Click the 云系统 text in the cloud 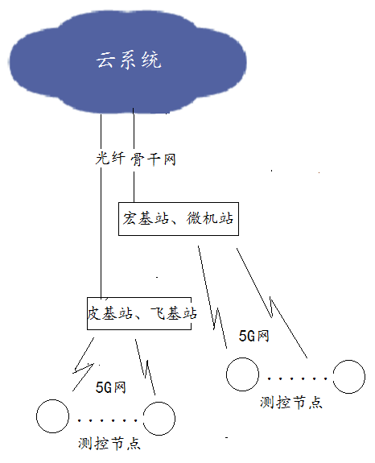(x=129, y=60)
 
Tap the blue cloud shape (x=127, y=63)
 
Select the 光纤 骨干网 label (x=135, y=159)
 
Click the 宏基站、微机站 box (x=179, y=219)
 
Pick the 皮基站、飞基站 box (x=139, y=313)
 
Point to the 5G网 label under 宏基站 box (x=254, y=336)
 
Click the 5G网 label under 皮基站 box (x=111, y=387)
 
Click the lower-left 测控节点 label (x=109, y=443)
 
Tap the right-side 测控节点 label (x=291, y=402)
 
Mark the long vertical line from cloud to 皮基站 (x=101, y=207)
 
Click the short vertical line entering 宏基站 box (x=134, y=155)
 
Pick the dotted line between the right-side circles (x=296, y=378)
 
